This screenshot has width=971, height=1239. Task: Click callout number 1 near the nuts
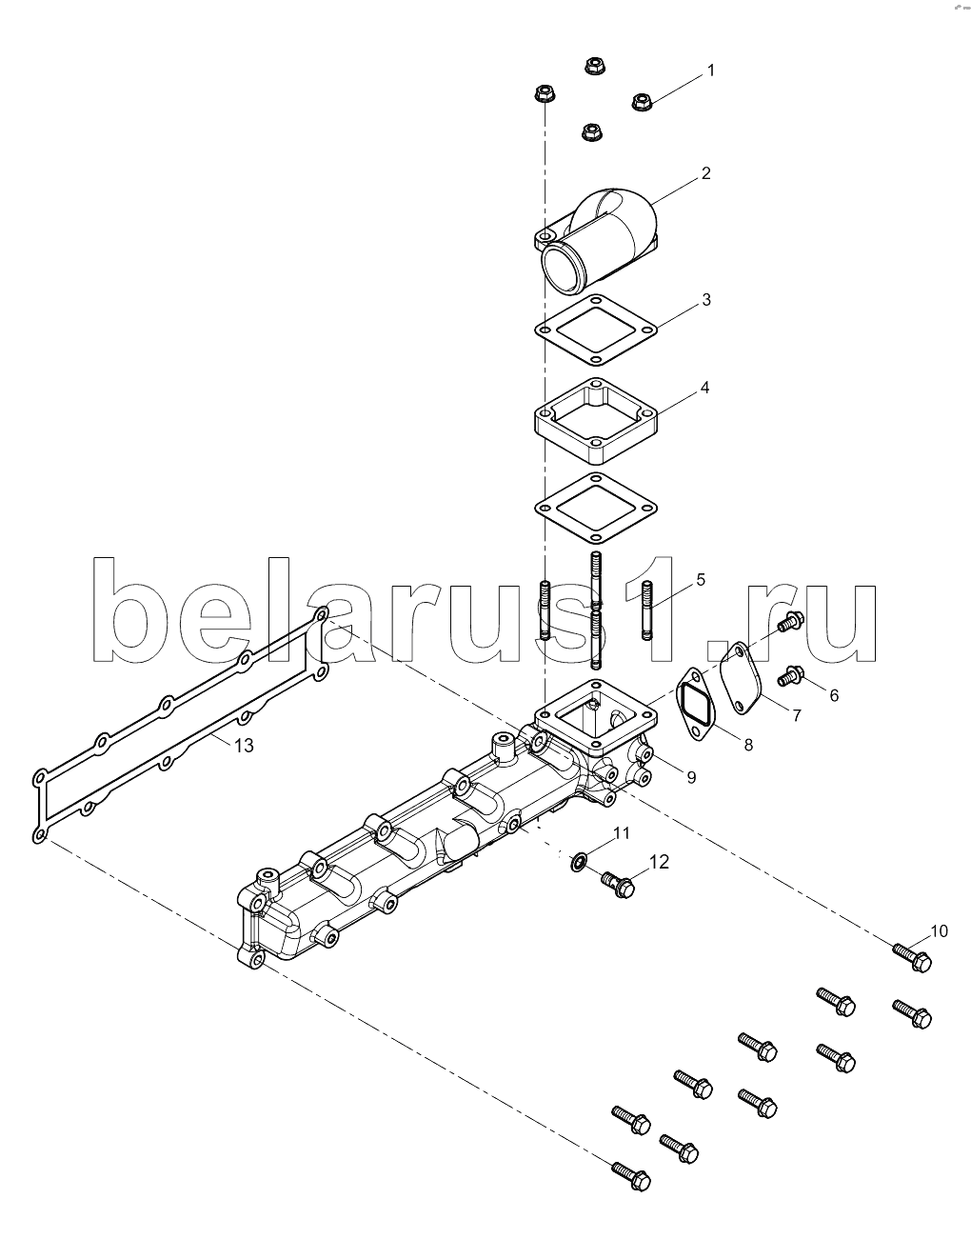pyautogui.click(x=710, y=70)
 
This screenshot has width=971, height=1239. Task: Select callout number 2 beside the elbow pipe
pyautogui.click(x=705, y=173)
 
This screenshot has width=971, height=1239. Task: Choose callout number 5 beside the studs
pyautogui.click(x=700, y=579)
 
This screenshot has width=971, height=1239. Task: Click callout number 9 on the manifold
pyautogui.click(x=691, y=777)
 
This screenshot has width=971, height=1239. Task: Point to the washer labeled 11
pyautogui.click(x=578, y=863)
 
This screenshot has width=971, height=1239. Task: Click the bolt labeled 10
pyautogui.click(x=910, y=955)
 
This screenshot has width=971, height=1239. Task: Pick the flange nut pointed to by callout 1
pyautogui.click(x=642, y=101)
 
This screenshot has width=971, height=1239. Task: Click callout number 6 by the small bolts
pyautogui.click(x=833, y=695)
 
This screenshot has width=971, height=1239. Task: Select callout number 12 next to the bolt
pyautogui.click(x=659, y=862)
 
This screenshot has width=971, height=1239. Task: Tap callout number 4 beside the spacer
pyautogui.click(x=704, y=388)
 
